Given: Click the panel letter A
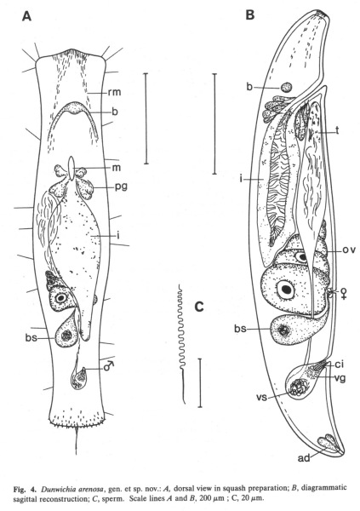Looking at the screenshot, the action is pyautogui.click(x=26, y=16).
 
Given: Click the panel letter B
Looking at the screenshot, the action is pyautogui.click(x=250, y=15).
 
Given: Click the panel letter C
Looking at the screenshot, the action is pyautogui.click(x=199, y=307).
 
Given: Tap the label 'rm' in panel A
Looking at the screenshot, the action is pyautogui.click(x=114, y=92).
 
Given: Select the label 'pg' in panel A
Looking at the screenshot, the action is pyautogui.click(x=120, y=187).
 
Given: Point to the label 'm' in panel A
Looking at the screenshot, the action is pyautogui.click(x=117, y=168).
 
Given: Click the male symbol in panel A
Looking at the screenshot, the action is pyautogui.click(x=109, y=366).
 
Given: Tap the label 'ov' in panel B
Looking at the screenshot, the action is pyautogui.click(x=347, y=250).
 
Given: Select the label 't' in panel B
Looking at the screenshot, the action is pyautogui.click(x=338, y=130).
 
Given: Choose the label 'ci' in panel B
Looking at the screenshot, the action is pyautogui.click(x=340, y=365).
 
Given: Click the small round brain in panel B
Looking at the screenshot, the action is pyautogui.click(x=287, y=87).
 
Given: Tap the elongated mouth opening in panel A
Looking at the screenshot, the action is pyautogui.click(x=71, y=169).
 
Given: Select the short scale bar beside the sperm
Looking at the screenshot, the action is pyautogui.click(x=200, y=382).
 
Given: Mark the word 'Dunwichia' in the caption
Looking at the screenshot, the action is pyautogui.click(x=59, y=489).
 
